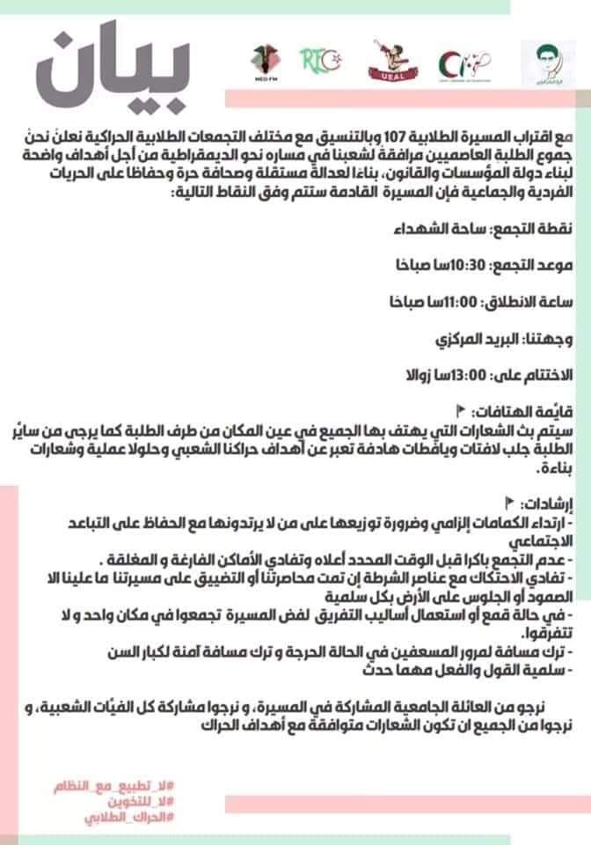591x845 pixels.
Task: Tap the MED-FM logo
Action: pyautogui.click(x=266, y=65)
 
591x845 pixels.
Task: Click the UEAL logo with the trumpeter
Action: pyautogui.click(x=388, y=63)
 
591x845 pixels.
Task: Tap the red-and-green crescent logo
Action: pyautogui.click(x=465, y=63)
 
